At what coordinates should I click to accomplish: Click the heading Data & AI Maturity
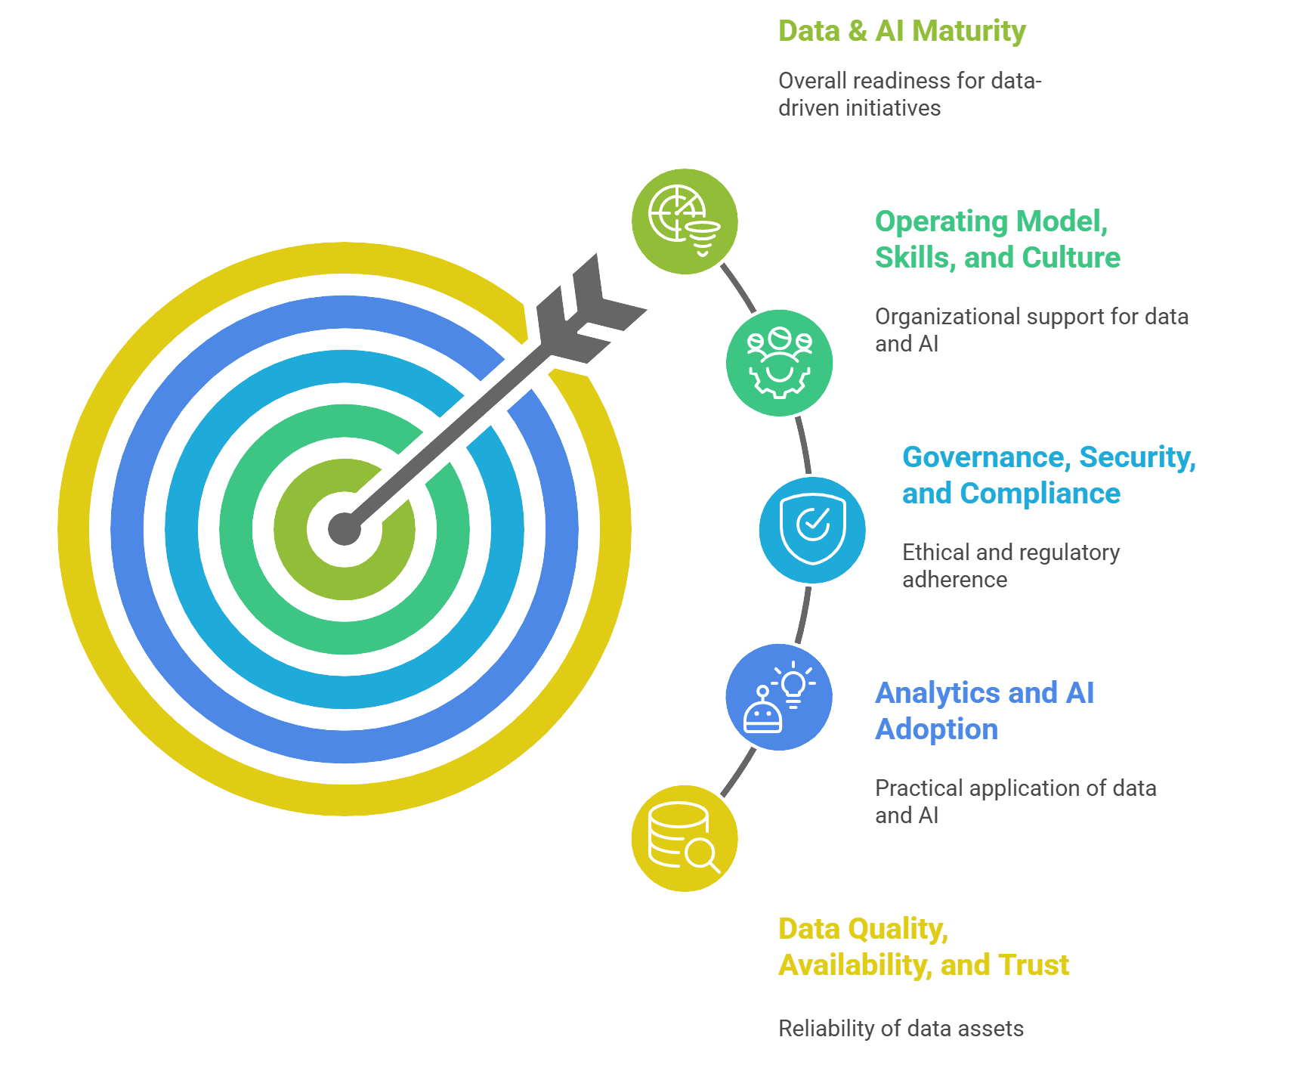point(901,31)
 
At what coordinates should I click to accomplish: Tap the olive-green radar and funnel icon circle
point(685,221)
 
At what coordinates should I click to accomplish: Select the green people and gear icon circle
point(779,363)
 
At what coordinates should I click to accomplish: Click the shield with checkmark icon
point(812,529)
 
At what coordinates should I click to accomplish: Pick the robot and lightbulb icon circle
point(779,697)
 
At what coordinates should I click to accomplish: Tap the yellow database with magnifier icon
point(685,838)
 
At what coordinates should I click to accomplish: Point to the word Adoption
point(936,729)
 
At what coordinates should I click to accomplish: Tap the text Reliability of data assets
point(901,1029)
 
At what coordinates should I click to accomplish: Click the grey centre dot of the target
point(344,528)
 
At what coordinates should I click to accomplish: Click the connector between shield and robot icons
point(804,614)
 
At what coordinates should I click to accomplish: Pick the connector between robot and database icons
point(738,772)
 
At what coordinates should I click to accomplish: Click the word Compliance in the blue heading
point(1040,494)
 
